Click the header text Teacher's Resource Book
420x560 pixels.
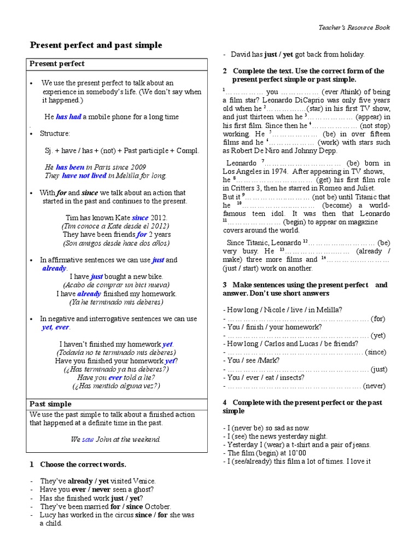pos(354,27)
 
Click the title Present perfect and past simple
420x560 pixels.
pos(96,45)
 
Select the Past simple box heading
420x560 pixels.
pos(50,404)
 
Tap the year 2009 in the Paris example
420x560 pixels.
pos(137,167)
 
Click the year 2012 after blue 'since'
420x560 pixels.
pos(159,218)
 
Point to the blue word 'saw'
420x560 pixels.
pos(88,439)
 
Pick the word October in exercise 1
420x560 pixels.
pos(157,506)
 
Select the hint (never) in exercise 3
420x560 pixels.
pos(374,386)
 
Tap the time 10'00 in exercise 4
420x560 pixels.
pos(296,453)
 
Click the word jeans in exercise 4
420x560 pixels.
pos(360,445)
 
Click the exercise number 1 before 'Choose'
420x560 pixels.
pos(32,464)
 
